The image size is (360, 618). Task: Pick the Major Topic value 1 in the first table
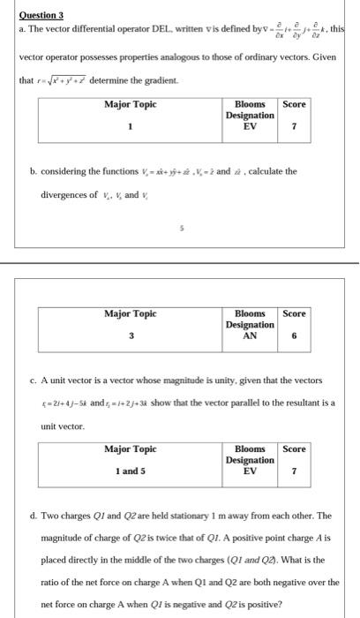pos(130,125)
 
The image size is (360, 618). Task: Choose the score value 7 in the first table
pos(293,125)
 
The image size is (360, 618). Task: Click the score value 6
pos(293,335)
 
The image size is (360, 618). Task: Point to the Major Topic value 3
pos(131,335)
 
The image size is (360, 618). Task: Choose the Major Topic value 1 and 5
pos(131,471)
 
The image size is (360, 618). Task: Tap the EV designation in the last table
pos(251,471)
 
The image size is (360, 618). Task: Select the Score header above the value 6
pos(293,313)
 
